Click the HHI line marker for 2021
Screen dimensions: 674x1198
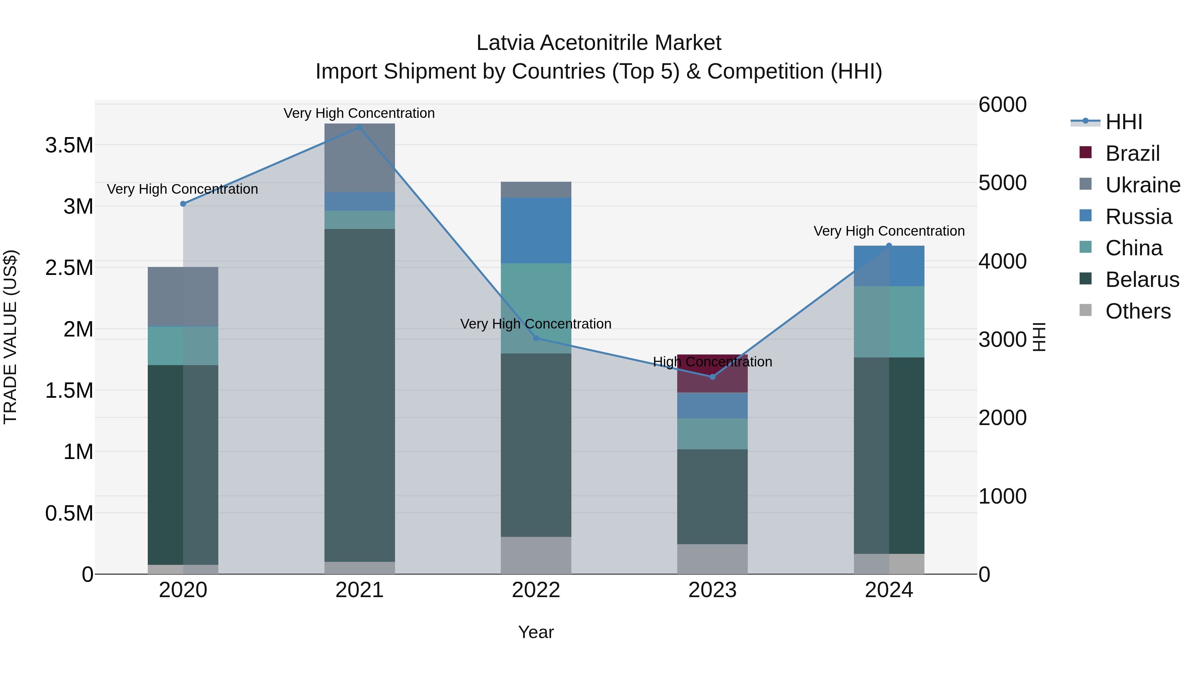[x=359, y=127]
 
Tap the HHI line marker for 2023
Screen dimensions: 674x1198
[x=712, y=377]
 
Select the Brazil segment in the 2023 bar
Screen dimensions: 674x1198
[x=712, y=373]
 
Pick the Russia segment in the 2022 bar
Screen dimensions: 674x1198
[x=536, y=230]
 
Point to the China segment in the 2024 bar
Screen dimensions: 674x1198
[x=889, y=322]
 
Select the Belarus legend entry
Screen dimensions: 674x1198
[x=1142, y=280]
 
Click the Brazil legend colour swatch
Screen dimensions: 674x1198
[x=1085, y=152]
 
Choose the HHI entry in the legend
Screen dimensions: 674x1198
[x=1123, y=122]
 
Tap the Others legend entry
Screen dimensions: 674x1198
[x=1137, y=311]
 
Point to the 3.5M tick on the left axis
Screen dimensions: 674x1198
[x=69, y=145]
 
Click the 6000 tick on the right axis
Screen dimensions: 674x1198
[x=1002, y=104]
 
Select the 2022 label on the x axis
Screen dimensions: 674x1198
[x=536, y=590]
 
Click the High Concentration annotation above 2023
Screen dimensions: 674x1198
[x=712, y=361]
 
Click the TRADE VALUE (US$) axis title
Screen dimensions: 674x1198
[x=10, y=337]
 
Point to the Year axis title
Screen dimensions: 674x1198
[x=536, y=632]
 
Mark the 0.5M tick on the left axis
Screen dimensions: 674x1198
[x=69, y=513]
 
